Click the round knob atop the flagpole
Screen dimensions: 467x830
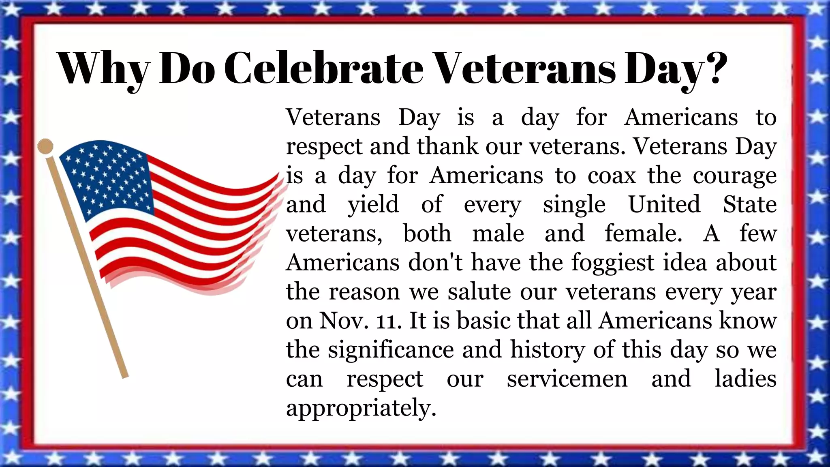coord(45,146)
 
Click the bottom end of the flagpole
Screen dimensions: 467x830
coord(125,375)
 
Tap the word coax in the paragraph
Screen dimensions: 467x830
coord(612,176)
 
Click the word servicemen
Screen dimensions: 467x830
coord(567,379)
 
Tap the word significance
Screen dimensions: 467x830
coord(391,350)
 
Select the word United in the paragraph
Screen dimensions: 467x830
coord(664,204)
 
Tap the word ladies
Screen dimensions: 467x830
coord(745,379)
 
